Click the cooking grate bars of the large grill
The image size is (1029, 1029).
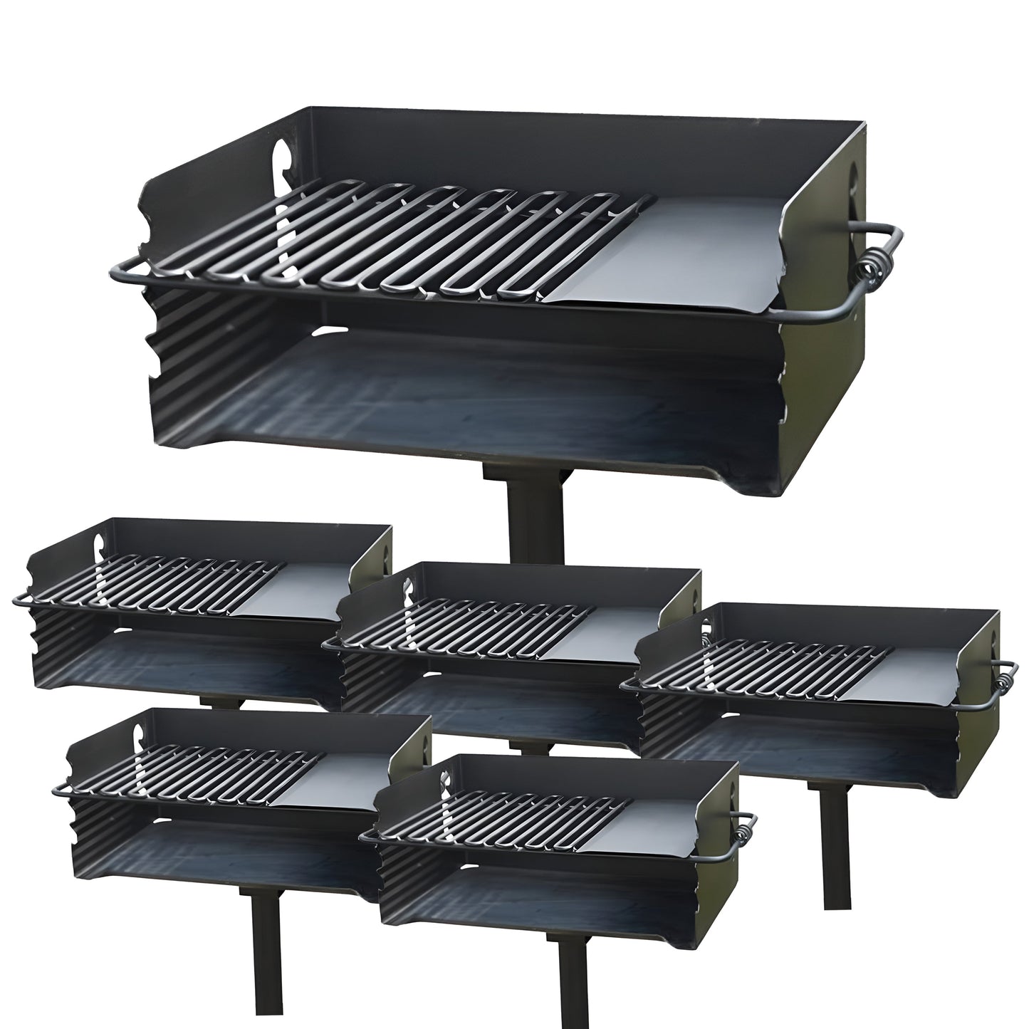pyautogui.click(x=399, y=242)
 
